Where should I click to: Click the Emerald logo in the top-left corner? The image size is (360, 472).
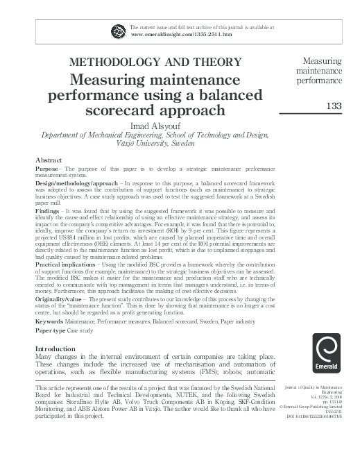click(119, 29)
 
